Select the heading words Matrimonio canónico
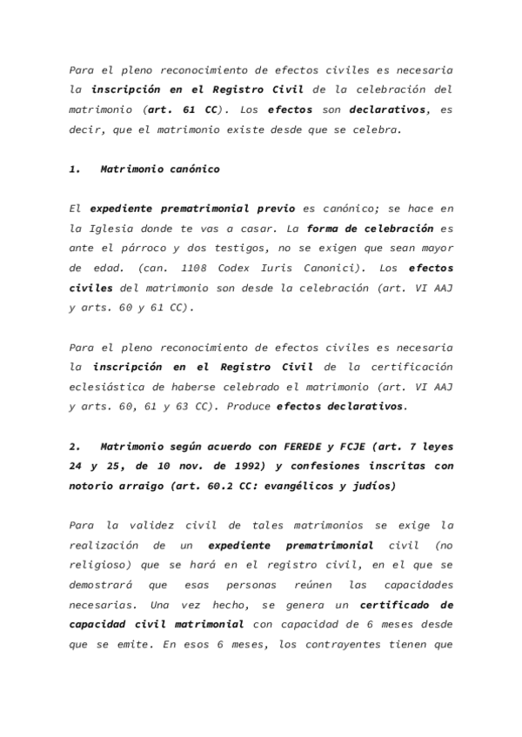click(x=159, y=169)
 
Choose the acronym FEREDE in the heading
click(x=309, y=447)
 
